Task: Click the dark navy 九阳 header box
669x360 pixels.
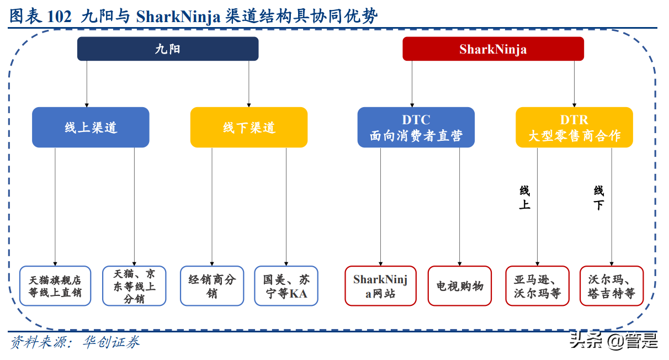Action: pos(167,49)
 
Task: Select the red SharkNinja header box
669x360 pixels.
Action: pos(492,49)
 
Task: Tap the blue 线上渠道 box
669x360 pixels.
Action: pos(91,128)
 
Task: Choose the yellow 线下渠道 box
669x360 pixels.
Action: pos(248,128)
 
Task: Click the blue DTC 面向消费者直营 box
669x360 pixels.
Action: pos(416,128)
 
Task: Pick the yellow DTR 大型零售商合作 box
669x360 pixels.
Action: pos(574,128)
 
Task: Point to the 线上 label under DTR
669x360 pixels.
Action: pos(524,198)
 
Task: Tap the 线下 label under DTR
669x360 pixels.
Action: pos(599,198)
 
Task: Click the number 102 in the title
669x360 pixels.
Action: pos(60,17)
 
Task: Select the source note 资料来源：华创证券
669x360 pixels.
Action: pos(75,342)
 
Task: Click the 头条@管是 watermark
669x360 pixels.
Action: pos(613,341)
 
